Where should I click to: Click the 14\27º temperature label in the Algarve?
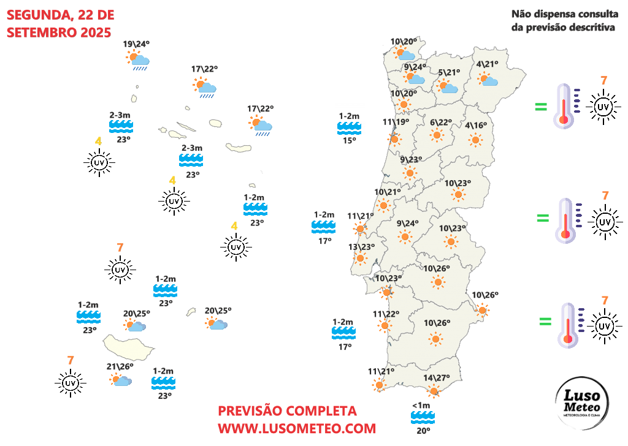pyautogui.click(x=437, y=378)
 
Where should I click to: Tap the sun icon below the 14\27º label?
pyautogui.click(x=434, y=391)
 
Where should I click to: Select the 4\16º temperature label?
pyautogui.click(x=476, y=126)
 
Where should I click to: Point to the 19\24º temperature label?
pyautogui.click(x=136, y=44)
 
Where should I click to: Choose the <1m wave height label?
pyautogui.click(x=421, y=406)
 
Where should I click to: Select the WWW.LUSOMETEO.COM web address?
pyautogui.click(x=297, y=428)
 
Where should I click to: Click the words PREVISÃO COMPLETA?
pyautogui.click(x=287, y=410)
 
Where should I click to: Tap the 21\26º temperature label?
pyautogui.click(x=120, y=367)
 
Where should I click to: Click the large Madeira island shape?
pyautogui.click(x=127, y=347)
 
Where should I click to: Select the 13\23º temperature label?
pyautogui.click(x=361, y=247)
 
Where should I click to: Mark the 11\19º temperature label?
pyautogui.click(x=396, y=122)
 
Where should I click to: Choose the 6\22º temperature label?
pyautogui.click(x=440, y=122)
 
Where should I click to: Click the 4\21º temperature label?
pyautogui.click(x=487, y=64)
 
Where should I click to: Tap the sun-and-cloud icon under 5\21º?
pyautogui.click(x=448, y=86)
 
